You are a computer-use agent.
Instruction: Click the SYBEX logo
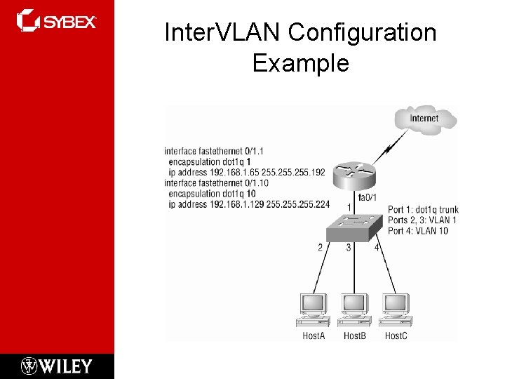point(57,21)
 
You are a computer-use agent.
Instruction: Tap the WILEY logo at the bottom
point(57,366)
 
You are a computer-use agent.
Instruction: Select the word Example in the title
point(300,63)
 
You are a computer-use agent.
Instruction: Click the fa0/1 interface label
point(368,197)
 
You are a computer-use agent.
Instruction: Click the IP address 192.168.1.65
point(239,172)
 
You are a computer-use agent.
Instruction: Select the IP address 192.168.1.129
point(241,204)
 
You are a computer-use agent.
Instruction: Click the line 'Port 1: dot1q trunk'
point(423,210)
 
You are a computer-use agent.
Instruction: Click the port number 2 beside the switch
point(320,247)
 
